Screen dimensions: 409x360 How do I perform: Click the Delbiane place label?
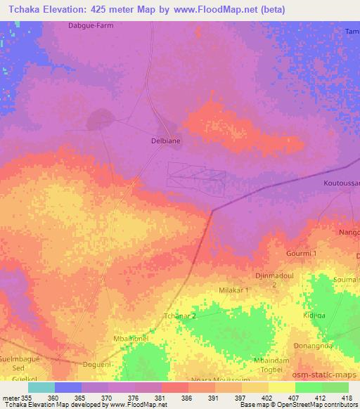coord(166,141)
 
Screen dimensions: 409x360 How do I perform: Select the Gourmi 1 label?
coord(302,253)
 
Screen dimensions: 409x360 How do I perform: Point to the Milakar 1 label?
coord(233,290)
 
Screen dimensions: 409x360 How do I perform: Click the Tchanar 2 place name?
coord(179,316)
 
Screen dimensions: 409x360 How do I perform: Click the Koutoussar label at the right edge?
coord(342,183)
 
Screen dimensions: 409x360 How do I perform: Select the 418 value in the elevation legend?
coord(347,397)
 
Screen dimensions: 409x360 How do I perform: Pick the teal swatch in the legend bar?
coord(41,387)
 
